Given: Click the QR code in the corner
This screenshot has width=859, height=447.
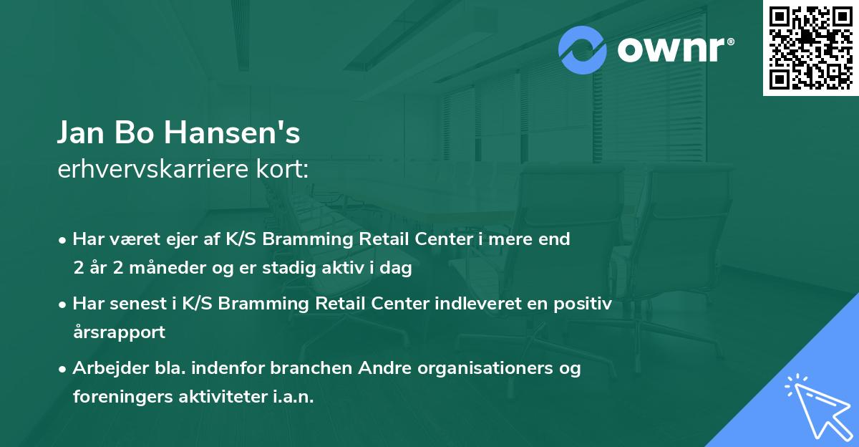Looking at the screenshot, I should point(810,48).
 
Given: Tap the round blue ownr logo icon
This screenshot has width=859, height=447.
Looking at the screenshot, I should point(583,50).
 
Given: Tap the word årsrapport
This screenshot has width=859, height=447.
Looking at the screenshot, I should point(119,332).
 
